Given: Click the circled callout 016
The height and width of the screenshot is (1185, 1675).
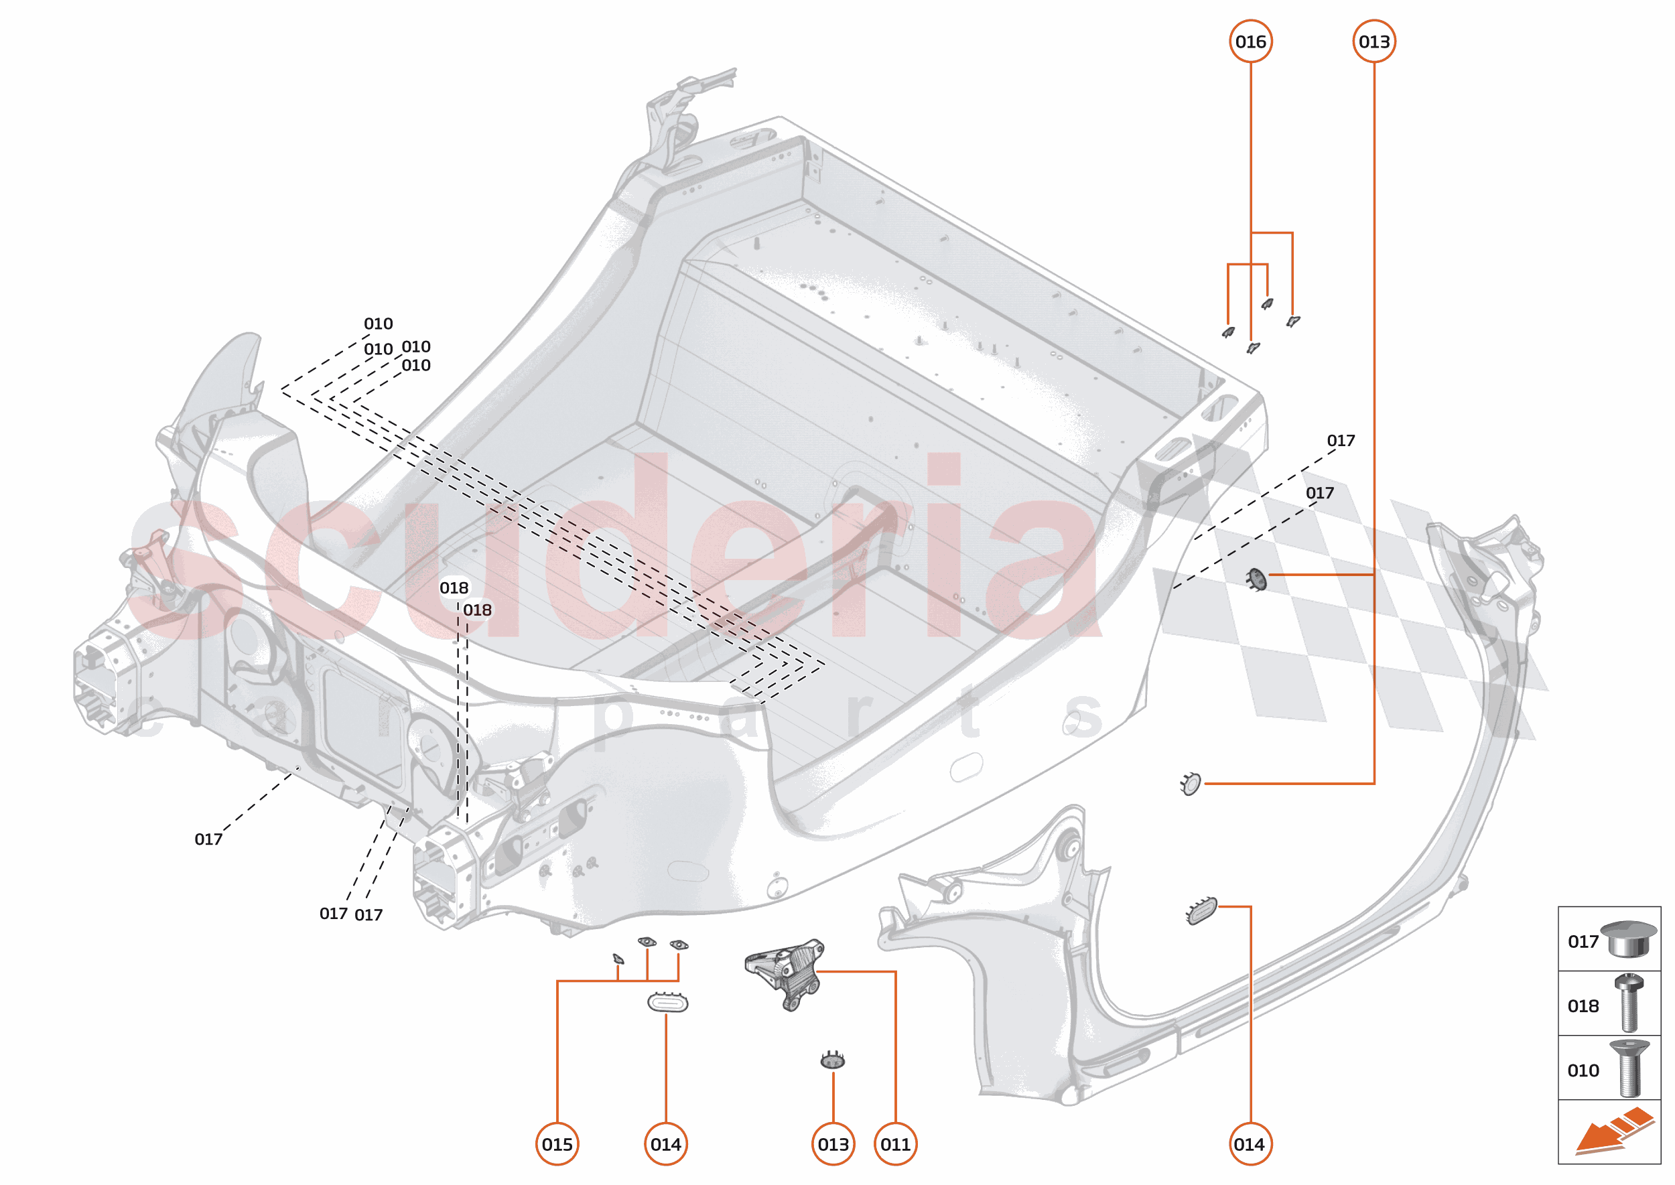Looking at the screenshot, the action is tap(1250, 42).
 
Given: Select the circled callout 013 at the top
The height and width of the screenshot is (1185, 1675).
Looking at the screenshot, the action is tap(1373, 42).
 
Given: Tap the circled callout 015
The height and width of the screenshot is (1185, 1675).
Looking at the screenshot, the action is tap(557, 1144).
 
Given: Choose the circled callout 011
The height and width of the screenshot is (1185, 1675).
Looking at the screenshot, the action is tap(896, 1144).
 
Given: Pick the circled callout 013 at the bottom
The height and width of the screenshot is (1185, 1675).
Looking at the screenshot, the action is tap(833, 1144).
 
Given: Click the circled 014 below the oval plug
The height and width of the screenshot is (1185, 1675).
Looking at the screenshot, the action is tap(665, 1144).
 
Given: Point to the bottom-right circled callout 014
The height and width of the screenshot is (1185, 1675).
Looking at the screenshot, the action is tap(1250, 1144).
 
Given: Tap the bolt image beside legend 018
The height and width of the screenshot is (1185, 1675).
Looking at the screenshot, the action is tap(1629, 1003).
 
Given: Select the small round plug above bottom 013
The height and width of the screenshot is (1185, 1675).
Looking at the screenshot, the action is tap(833, 1060).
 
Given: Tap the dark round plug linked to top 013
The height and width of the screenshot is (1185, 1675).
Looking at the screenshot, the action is tap(1257, 579).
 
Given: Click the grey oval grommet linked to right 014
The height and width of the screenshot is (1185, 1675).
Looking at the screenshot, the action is tap(1202, 910).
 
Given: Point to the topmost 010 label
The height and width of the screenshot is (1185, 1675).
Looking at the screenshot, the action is tap(378, 324).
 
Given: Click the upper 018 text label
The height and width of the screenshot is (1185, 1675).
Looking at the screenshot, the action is tap(454, 587).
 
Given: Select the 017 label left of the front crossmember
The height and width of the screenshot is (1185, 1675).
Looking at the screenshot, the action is tap(208, 839).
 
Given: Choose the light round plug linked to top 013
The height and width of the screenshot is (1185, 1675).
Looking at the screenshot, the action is tap(1191, 784).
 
